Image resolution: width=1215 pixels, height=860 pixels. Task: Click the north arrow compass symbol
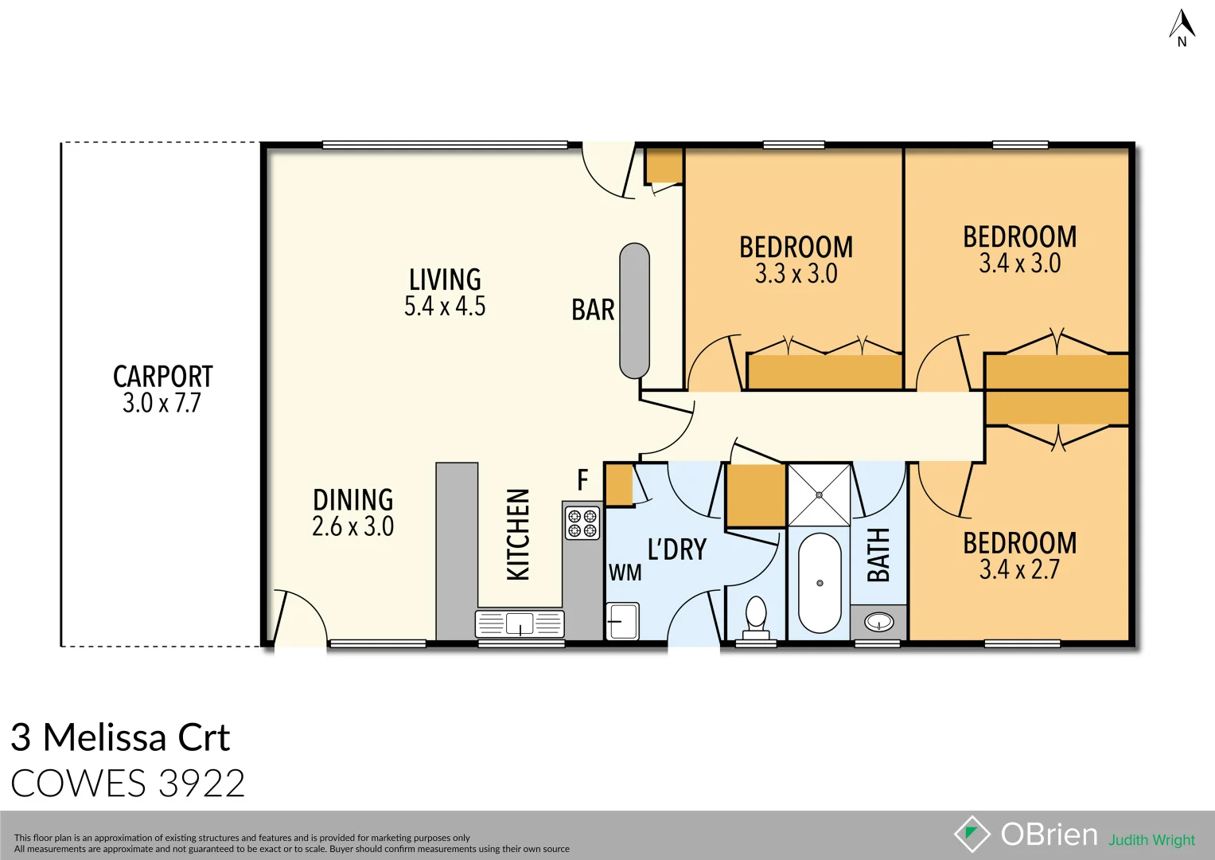pos(1182,26)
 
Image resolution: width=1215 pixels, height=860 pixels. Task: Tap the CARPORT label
pos(163,377)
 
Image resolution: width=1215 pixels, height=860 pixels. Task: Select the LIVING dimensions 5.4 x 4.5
pos(445,307)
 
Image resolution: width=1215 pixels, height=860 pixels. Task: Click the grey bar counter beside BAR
pos(634,311)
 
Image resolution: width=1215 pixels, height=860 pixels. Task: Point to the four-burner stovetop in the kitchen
pos(582,523)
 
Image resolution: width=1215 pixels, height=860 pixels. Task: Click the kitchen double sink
pos(520,623)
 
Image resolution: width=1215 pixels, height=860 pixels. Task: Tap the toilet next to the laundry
pos(756,616)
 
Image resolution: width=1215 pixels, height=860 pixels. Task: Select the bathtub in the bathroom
pos(819,583)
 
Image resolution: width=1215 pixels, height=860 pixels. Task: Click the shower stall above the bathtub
pos(819,494)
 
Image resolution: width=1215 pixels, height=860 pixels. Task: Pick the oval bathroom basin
pos(878,622)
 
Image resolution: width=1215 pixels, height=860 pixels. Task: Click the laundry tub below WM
pos(621,621)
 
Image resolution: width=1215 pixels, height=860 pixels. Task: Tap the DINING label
pos(353,500)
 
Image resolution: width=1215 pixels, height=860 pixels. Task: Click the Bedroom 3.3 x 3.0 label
pos(796,248)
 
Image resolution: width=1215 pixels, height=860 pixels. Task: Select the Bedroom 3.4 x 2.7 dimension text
pos(1019,570)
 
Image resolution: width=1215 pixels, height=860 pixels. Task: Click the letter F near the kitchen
pos(582,480)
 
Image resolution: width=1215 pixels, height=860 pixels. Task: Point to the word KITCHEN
pos(518,534)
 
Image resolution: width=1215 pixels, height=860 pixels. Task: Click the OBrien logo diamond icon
pos(972,835)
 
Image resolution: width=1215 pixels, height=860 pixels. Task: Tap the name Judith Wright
pos(1151,840)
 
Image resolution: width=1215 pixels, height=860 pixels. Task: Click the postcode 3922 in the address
pos(201,784)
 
